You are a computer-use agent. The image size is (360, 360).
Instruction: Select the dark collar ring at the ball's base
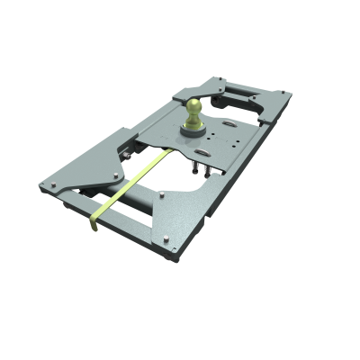(x=194, y=130)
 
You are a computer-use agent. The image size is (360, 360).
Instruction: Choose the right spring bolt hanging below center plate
(x=210, y=170)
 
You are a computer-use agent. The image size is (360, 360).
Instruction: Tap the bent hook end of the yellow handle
(x=94, y=224)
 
